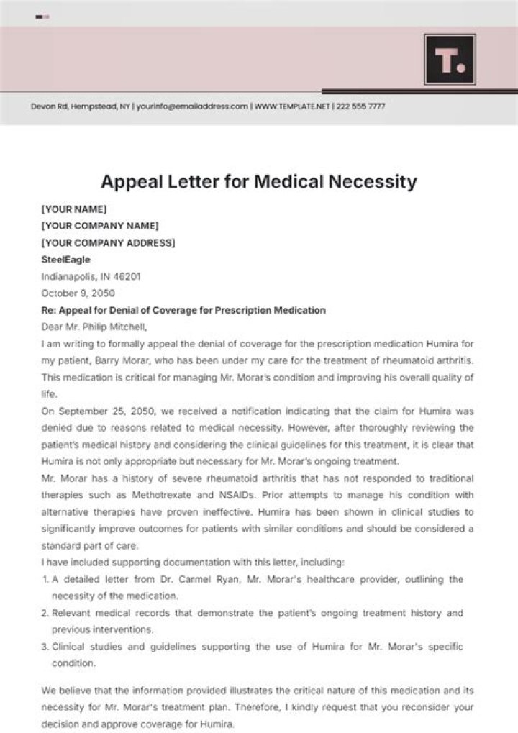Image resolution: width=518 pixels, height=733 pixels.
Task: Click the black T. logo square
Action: coord(450,60)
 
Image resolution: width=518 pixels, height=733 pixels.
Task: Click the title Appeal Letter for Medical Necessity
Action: coord(259,181)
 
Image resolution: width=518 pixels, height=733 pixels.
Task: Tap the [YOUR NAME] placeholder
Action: coord(74,209)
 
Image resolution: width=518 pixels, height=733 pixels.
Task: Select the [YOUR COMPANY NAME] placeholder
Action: coord(100,226)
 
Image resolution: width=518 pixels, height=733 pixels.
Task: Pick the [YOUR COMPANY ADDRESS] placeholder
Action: coord(108,242)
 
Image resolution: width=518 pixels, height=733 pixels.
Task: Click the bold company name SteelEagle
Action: coord(66,260)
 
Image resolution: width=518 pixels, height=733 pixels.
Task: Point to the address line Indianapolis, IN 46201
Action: coord(91,276)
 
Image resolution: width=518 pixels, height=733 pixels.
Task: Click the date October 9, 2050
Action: coord(78,293)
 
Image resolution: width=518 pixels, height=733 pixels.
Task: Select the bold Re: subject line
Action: coord(183,310)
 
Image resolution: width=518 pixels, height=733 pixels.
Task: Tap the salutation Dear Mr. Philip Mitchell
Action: coord(94,327)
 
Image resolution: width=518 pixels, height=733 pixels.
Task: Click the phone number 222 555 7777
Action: coord(359,106)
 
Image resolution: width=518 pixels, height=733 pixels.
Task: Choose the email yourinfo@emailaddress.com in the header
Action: coord(192,106)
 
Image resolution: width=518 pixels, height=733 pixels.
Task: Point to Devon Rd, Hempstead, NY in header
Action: coord(81,106)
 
